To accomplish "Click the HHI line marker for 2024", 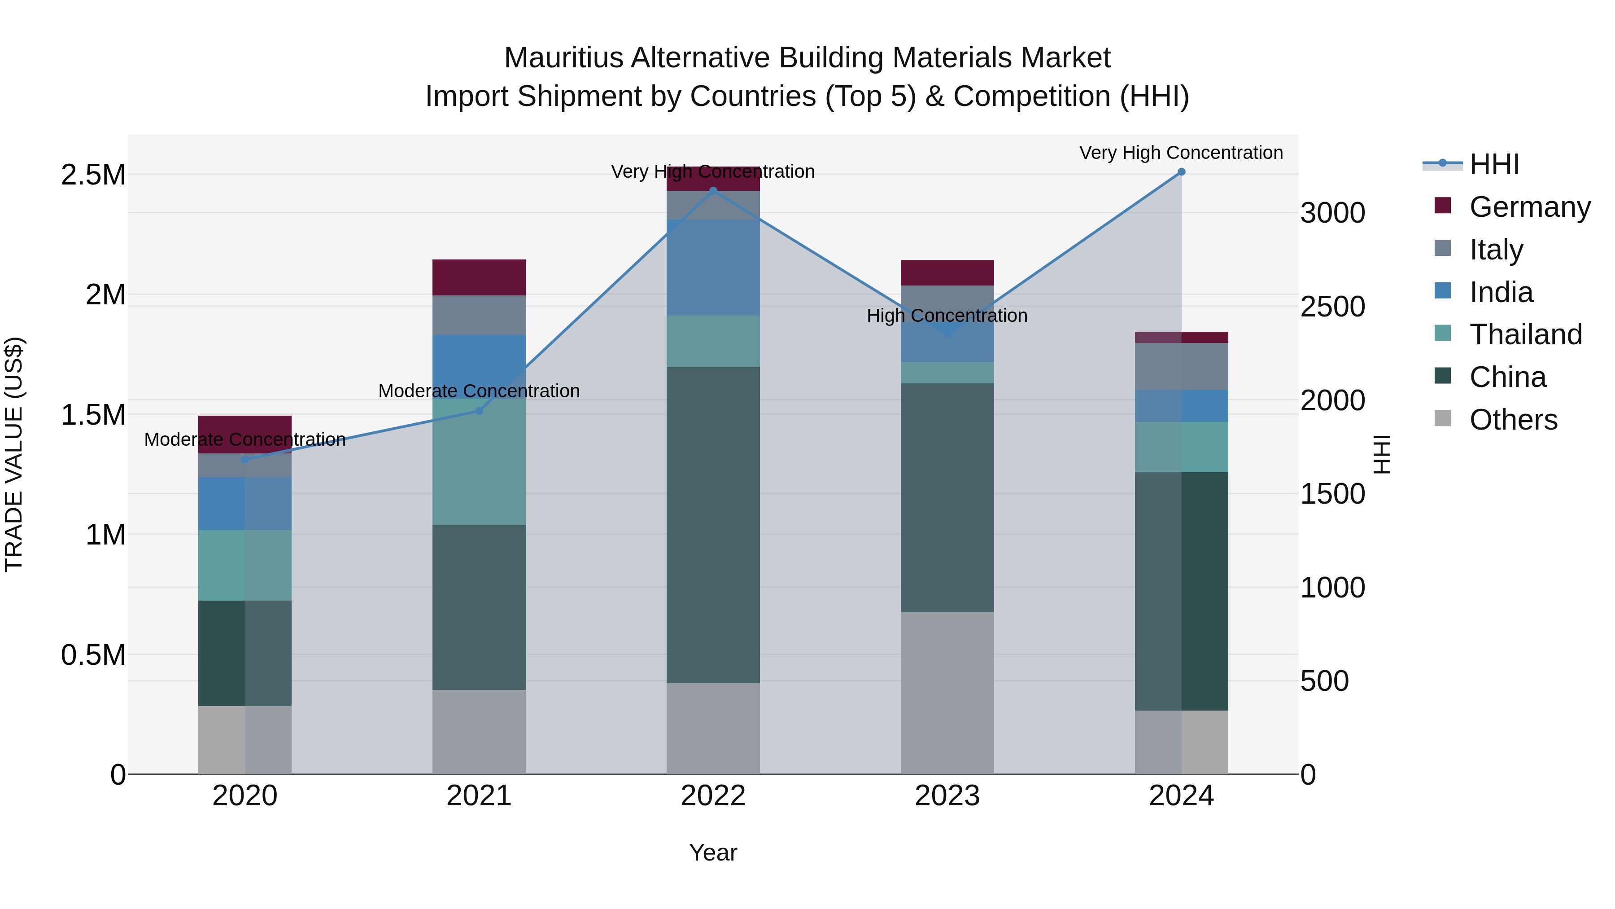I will tap(1181, 172).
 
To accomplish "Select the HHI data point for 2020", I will tap(245, 459).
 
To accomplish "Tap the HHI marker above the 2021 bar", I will tap(479, 411).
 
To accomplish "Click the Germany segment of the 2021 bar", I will tap(479, 277).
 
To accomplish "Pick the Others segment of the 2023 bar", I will tap(947, 693).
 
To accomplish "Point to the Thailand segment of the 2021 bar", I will tap(479, 462).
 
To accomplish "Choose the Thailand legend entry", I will tap(1525, 334).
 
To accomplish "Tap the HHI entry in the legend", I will tap(1494, 164).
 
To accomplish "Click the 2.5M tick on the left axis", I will tap(93, 175).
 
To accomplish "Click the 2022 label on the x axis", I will tap(713, 796).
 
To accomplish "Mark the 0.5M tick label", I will tap(93, 655).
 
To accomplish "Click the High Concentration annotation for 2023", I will tap(947, 316).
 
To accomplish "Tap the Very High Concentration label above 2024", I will tap(1181, 153).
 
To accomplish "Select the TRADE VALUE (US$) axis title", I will tap(14, 454).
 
